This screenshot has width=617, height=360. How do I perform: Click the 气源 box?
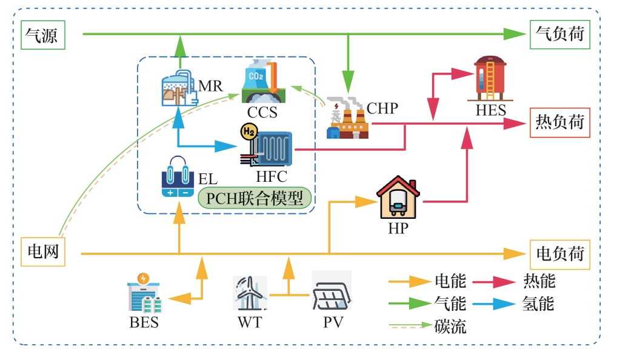(x=42, y=36)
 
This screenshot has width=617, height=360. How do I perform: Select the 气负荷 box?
(x=559, y=34)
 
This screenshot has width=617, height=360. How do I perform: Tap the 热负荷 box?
(x=559, y=122)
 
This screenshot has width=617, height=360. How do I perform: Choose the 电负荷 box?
(x=559, y=253)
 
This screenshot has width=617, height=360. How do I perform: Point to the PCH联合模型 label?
(x=255, y=198)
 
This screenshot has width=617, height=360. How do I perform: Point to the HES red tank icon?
(x=490, y=79)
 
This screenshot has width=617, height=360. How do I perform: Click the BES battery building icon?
(x=144, y=294)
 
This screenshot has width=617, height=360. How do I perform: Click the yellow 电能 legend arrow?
(x=409, y=281)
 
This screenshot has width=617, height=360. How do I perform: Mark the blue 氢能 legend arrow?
(x=493, y=303)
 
